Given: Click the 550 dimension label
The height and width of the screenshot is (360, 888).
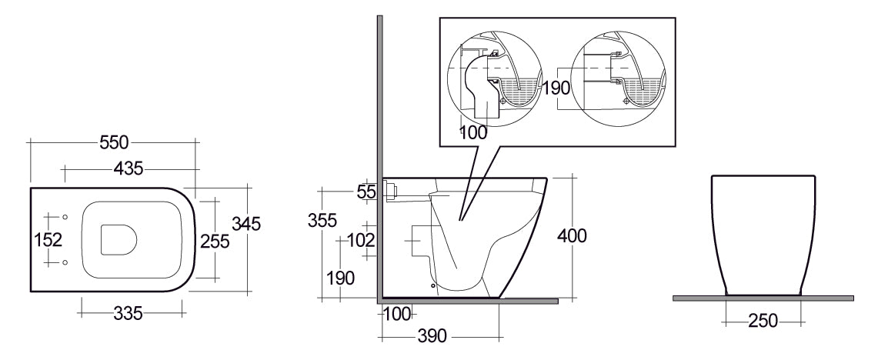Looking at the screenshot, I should pos(113,142).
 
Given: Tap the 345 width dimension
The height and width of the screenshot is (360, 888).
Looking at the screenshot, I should pos(247,224).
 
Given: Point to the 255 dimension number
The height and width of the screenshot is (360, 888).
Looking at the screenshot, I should pos(215,241).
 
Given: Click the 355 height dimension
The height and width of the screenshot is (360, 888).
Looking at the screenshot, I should pos(322,220).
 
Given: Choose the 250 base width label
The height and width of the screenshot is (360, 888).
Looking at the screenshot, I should pos(763,321).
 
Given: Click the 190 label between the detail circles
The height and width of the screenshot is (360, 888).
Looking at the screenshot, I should pos(556,88).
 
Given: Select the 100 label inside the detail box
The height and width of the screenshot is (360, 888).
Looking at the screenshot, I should pos(473,132).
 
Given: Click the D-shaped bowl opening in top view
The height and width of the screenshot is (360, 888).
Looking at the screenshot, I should pos(119,239).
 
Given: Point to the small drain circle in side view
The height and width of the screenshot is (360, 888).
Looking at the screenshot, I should pos(433,285).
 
